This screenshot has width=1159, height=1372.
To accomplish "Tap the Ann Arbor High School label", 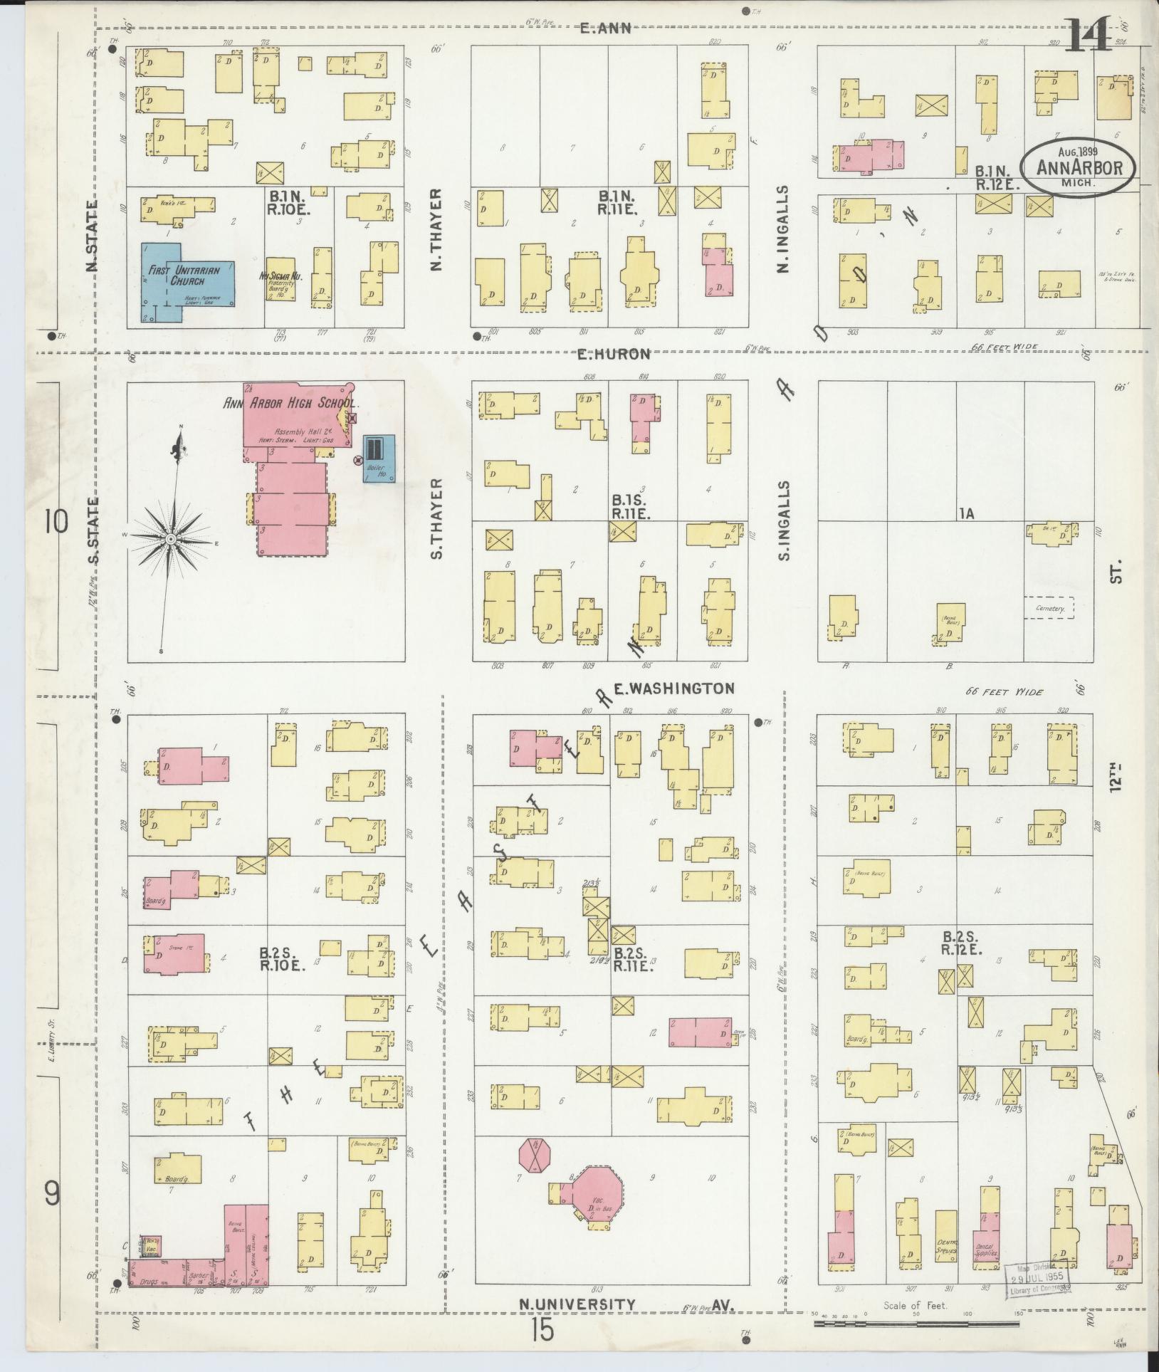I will click(x=290, y=403).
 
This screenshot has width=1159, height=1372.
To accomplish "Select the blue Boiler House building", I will click(x=377, y=459).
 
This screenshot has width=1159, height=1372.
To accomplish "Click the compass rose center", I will click(x=171, y=540).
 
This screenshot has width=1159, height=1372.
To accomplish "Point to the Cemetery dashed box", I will click(x=1049, y=607).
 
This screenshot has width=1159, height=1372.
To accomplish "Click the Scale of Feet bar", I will click(x=918, y=1324).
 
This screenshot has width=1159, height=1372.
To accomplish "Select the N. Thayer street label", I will click(x=436, y=229).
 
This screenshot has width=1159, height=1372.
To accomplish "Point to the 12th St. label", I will click(x=1117, y=776).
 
